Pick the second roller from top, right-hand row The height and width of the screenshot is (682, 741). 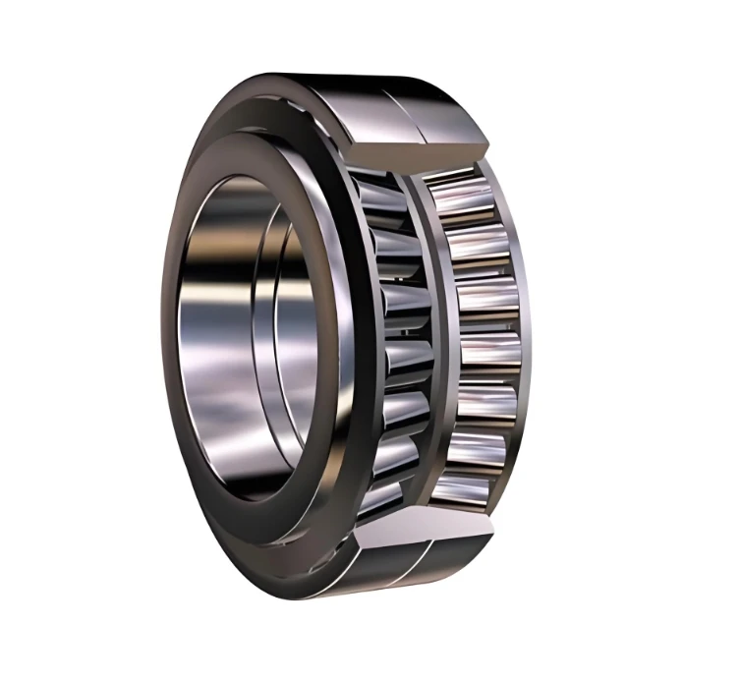[x=477, y=244]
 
